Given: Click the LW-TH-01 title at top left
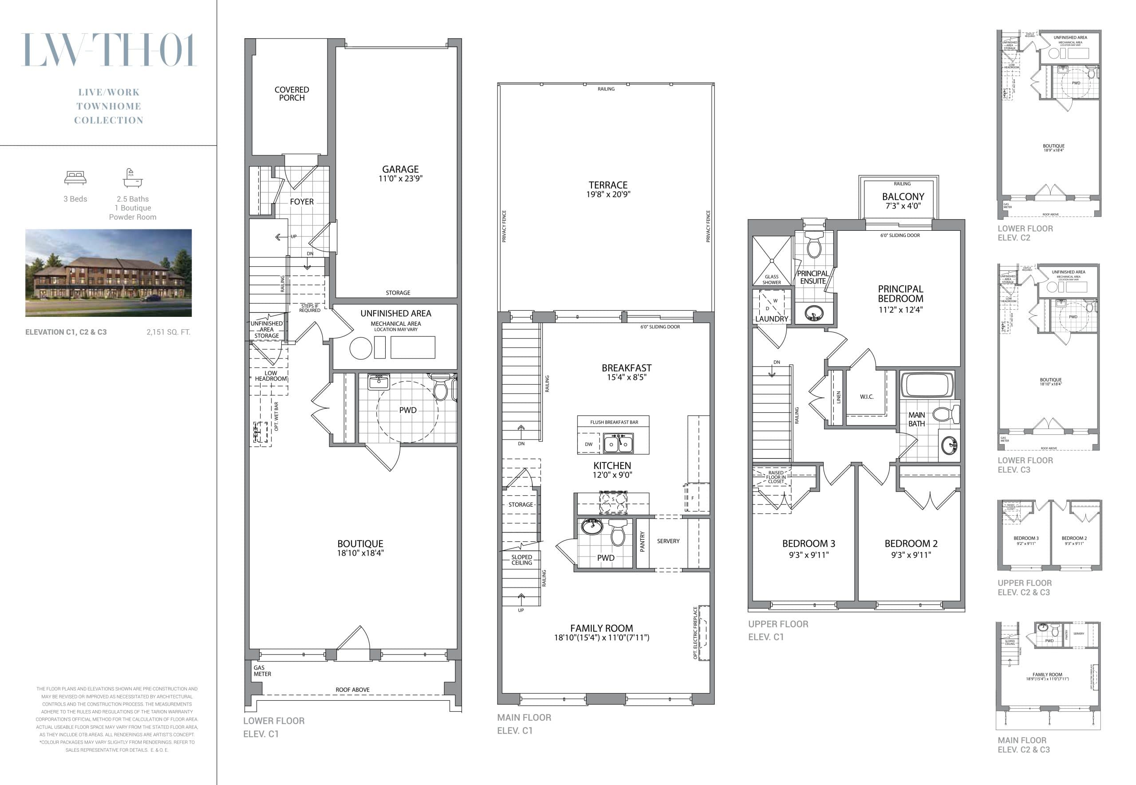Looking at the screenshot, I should click(x=109, y=50).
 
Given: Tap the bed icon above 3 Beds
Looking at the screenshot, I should click(x=75, y=178).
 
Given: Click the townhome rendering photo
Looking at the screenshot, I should click(x=108, y=272).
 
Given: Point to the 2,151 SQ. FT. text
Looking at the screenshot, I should click(x=168, y=332).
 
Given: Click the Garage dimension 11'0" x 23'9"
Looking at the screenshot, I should click(x=400, y=178).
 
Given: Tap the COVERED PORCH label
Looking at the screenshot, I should click(x=292, y=94).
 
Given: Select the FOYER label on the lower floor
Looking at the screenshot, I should click(x=301, y=201).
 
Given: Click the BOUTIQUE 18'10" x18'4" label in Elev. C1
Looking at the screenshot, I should click(x=360, y=548).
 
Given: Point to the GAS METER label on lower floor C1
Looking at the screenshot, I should click(x=262, y=671).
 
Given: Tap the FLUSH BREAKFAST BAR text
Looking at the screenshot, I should click(x=614, y=422).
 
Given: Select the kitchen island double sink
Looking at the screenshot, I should click(x=618, y=444).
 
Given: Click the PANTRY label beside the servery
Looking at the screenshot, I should click(x=642, y=541).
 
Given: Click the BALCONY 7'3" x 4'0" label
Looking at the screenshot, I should click(x=903, y=201).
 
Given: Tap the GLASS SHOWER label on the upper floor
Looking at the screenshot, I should click(x=772, y=280).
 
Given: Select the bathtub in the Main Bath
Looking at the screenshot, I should click(x=927, y=385).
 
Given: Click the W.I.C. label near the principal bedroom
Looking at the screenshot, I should click(x=867, y=396).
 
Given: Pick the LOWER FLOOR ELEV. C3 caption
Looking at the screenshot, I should click(x=1025, y=465).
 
